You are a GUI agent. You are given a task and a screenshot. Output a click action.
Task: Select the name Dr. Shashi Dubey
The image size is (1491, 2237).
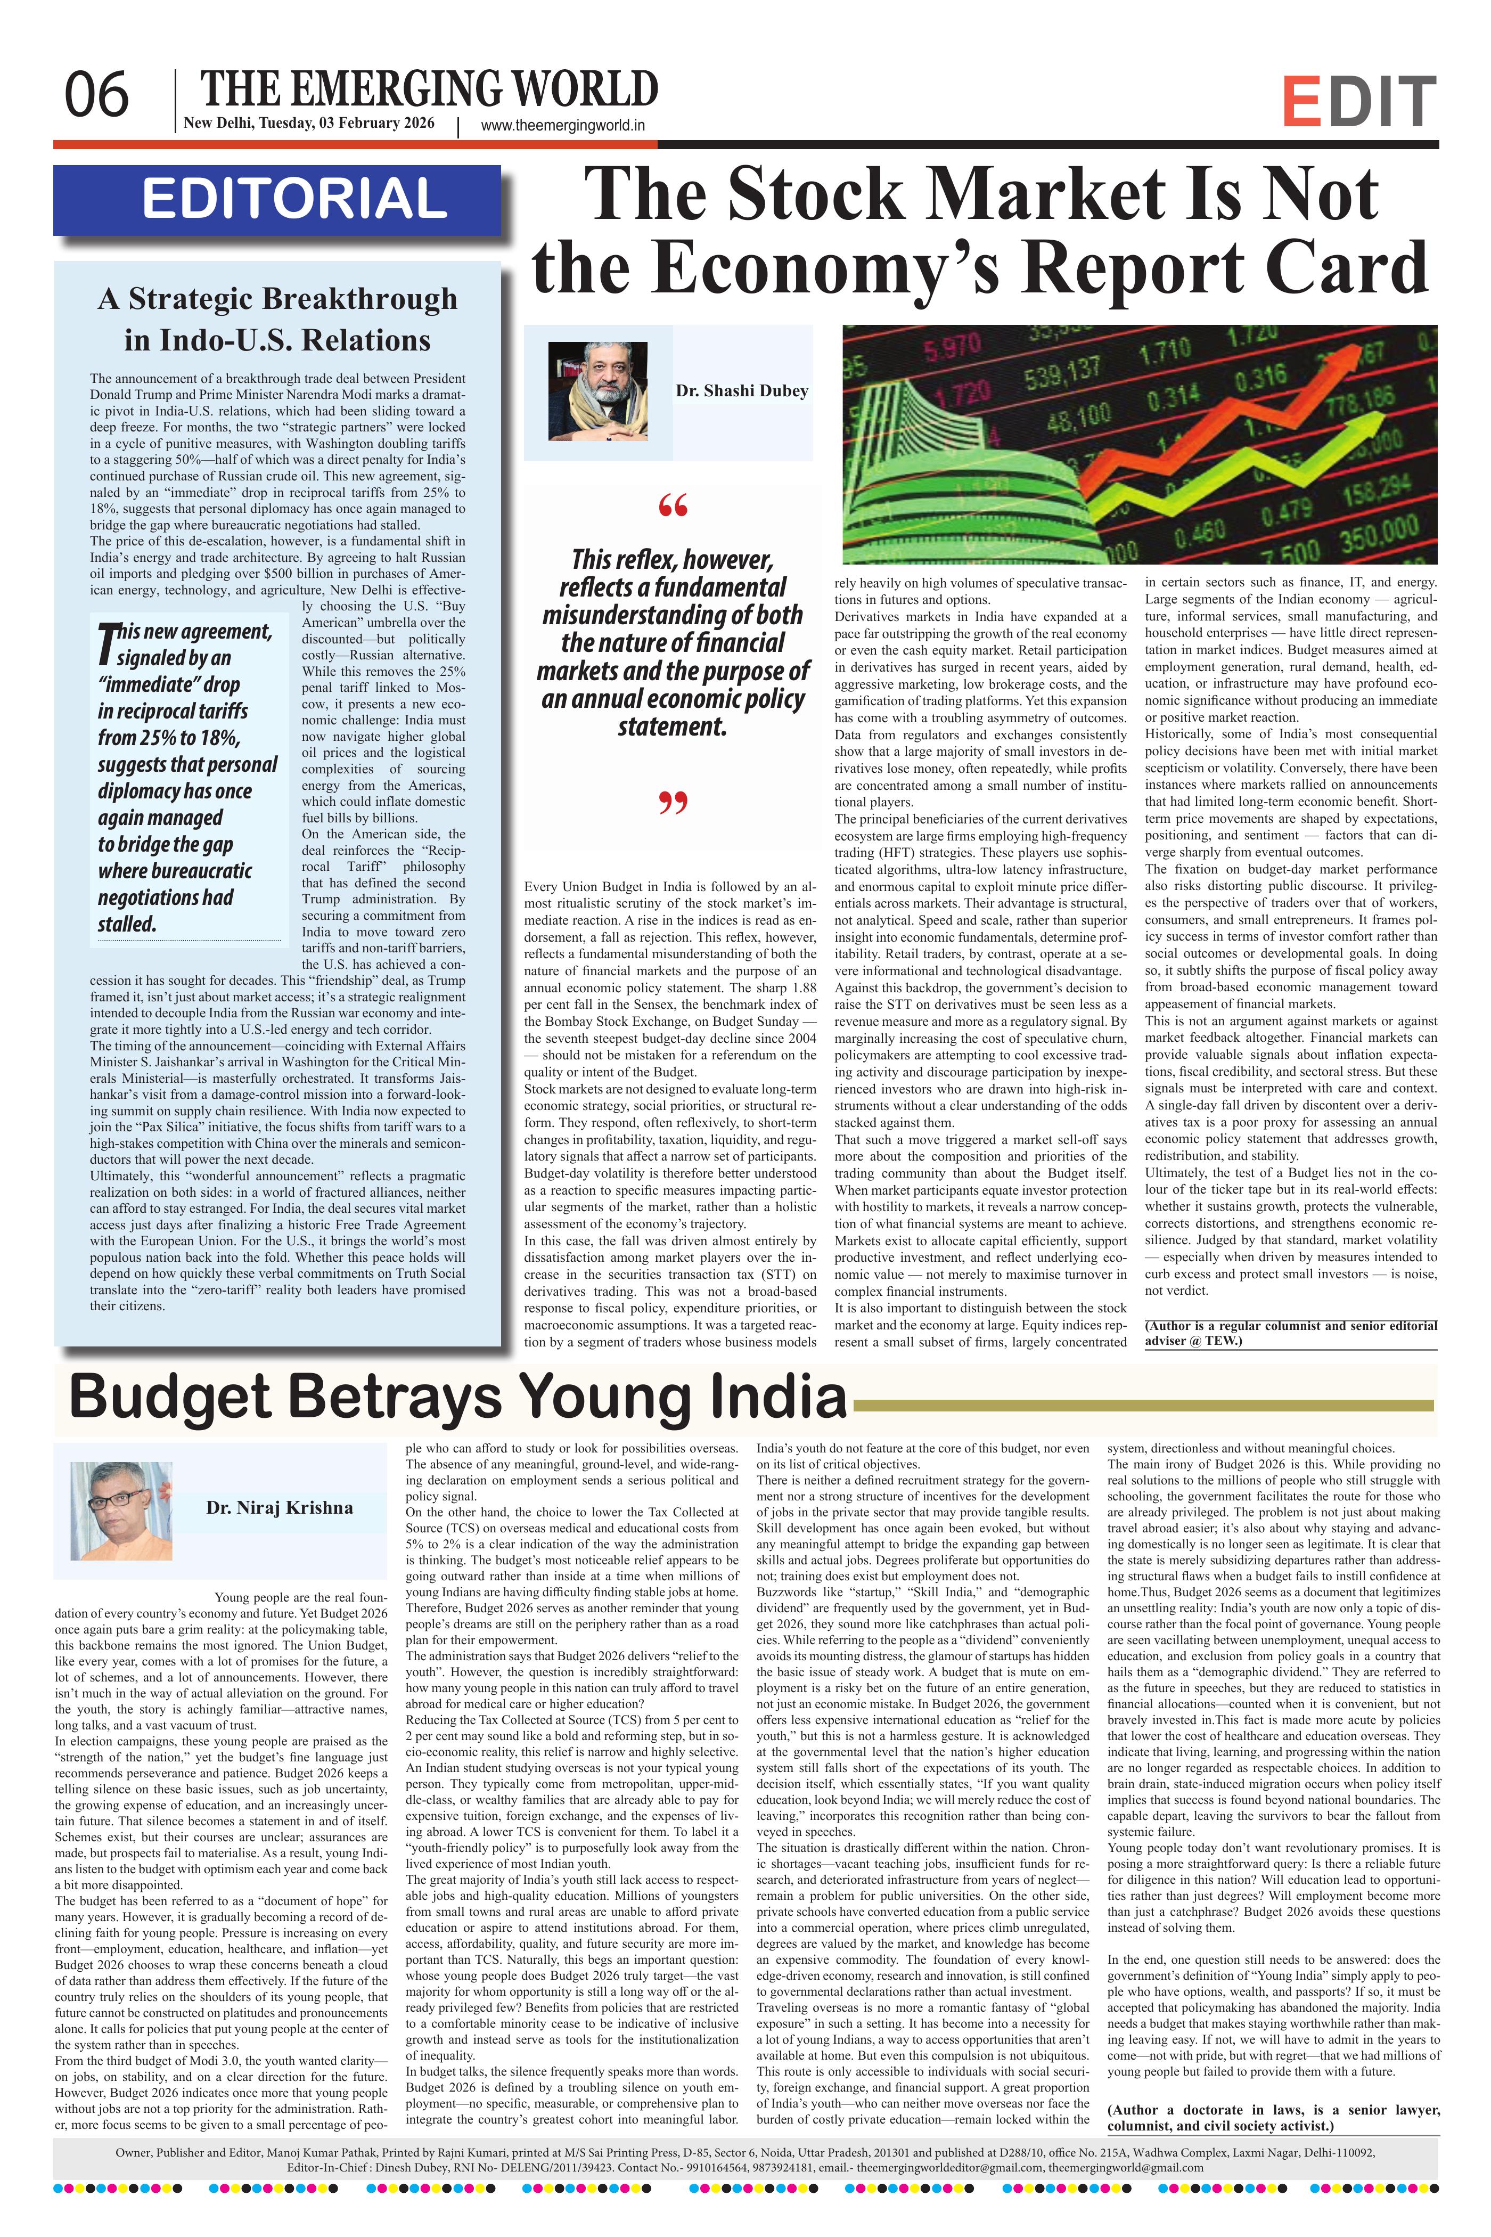click(742, 391)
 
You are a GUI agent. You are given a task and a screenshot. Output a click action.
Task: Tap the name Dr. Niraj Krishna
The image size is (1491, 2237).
click(280, 1507)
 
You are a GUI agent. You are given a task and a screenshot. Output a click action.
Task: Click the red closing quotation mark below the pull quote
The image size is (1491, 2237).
click(672, 804)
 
